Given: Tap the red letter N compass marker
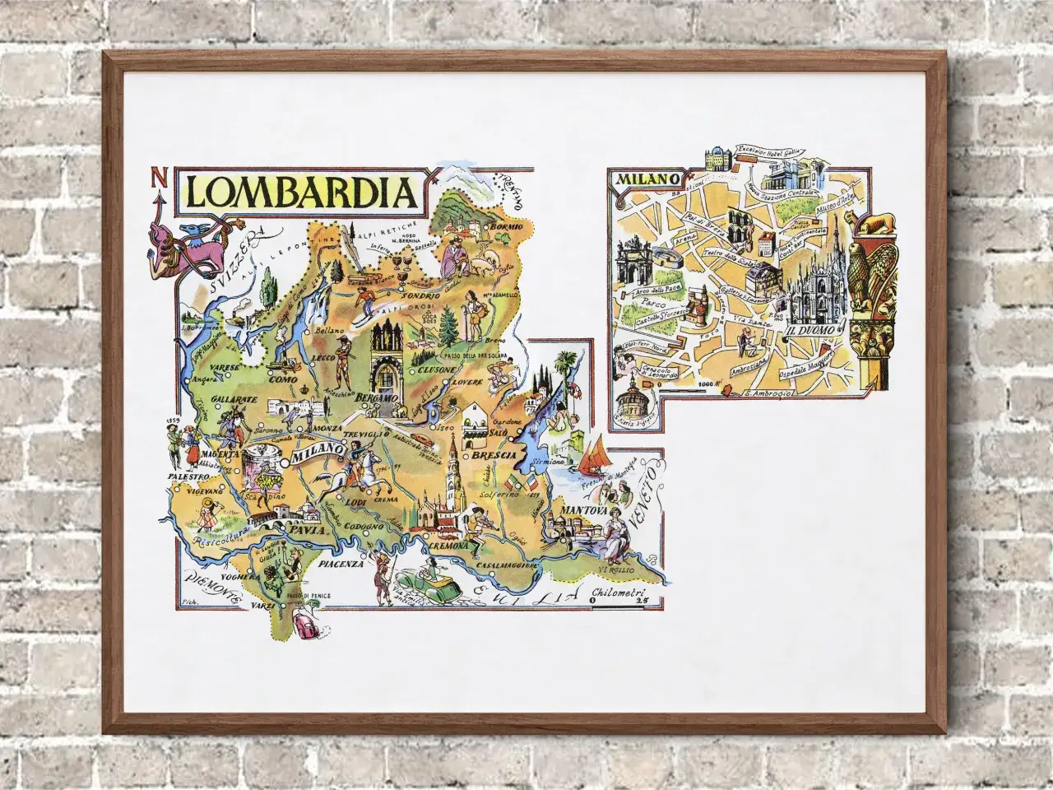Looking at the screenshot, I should coord(156,179).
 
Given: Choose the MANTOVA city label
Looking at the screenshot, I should coord(583,511).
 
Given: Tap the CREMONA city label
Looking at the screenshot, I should coord(448,546).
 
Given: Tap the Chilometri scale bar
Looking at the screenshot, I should coord(618,597).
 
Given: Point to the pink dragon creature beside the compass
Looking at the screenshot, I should coord(183,243).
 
